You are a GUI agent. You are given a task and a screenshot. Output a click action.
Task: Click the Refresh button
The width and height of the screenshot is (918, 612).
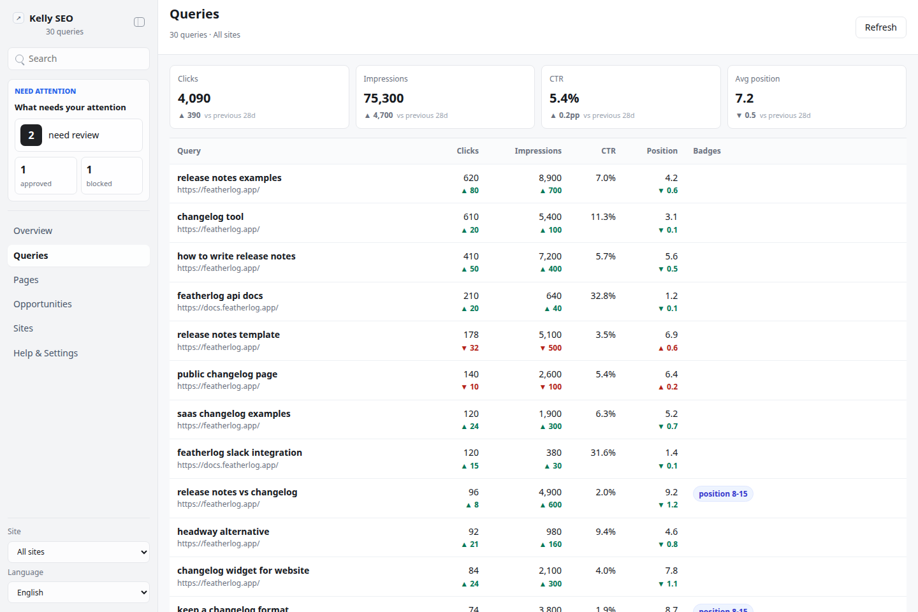tap(880, 27)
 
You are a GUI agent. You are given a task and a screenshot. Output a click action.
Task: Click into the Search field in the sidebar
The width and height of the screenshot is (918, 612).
tap(78, 59)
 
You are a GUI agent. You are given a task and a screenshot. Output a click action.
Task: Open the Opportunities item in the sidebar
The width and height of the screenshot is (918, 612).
tap(43, 303)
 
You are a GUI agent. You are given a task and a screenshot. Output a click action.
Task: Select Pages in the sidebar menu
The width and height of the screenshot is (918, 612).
tap(25, 280)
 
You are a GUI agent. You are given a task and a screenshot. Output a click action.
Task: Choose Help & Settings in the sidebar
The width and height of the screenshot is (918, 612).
tap(45, 353)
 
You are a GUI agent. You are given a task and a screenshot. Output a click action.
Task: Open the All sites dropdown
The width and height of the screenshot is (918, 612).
tap(78, 551)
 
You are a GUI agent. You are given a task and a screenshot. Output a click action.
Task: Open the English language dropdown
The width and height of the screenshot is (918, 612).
tap(78, 592)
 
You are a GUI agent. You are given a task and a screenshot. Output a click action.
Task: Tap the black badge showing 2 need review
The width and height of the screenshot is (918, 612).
tap(31, 135)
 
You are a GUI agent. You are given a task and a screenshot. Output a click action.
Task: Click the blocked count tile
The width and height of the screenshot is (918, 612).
tap(112, 175)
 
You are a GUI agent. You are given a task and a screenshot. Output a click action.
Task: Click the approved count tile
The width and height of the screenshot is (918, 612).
tap(46, 175)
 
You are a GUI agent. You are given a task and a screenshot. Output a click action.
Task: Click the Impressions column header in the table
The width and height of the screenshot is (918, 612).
tap(537, 151)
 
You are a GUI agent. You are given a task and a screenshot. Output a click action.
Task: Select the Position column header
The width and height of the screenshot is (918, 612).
tap(662, 151)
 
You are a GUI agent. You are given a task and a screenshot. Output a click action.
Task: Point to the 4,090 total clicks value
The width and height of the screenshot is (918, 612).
tap(194, 98)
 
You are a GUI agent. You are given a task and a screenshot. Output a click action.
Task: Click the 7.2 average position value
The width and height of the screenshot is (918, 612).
tap(744, 98)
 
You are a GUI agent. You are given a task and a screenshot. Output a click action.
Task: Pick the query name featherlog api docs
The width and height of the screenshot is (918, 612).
tap(220, 296)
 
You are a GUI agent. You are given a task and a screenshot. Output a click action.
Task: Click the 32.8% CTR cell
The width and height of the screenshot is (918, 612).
tap(603, 296)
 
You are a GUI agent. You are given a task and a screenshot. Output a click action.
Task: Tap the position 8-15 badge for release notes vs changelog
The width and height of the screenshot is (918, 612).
tap(723, 493)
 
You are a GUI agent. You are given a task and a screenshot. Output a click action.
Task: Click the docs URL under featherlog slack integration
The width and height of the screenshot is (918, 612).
tap(228, 465)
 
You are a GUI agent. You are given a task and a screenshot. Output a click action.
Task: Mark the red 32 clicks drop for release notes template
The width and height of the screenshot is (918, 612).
tap(470, 347)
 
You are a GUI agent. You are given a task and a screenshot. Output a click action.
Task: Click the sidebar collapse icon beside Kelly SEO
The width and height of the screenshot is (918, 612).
tap(140, 22)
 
